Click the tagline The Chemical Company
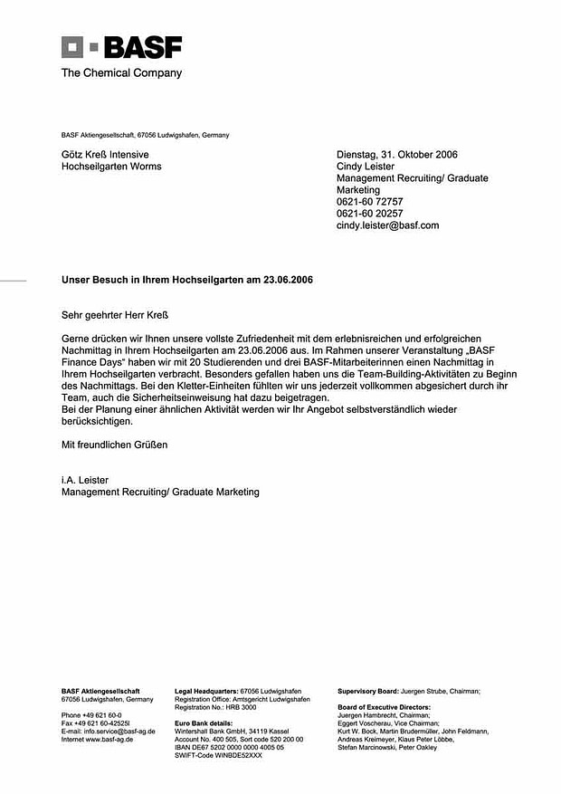point(121,73)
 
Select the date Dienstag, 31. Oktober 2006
point(397,155)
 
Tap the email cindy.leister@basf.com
point(387,225)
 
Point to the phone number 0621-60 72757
point(369,202)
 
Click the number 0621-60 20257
point(369,214)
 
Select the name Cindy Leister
point(366,167)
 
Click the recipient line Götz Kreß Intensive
point(105,155)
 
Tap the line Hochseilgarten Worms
point(111,167)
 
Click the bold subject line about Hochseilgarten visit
point(187,281)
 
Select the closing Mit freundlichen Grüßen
point(114,445)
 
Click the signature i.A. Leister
point(87,480)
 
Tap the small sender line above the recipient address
point(145,135)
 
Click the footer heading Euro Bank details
point(203,723)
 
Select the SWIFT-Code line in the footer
point(218,755)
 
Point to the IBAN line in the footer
point(229,747)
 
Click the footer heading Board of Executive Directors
point(384,707)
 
